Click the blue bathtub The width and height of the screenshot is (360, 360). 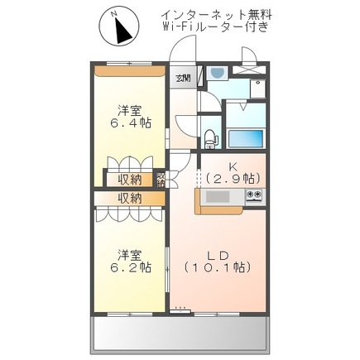point(246,138)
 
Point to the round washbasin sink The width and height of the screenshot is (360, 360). point(218,74)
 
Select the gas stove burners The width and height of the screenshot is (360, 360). point(254,196)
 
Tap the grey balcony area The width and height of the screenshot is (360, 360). point(180,334)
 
